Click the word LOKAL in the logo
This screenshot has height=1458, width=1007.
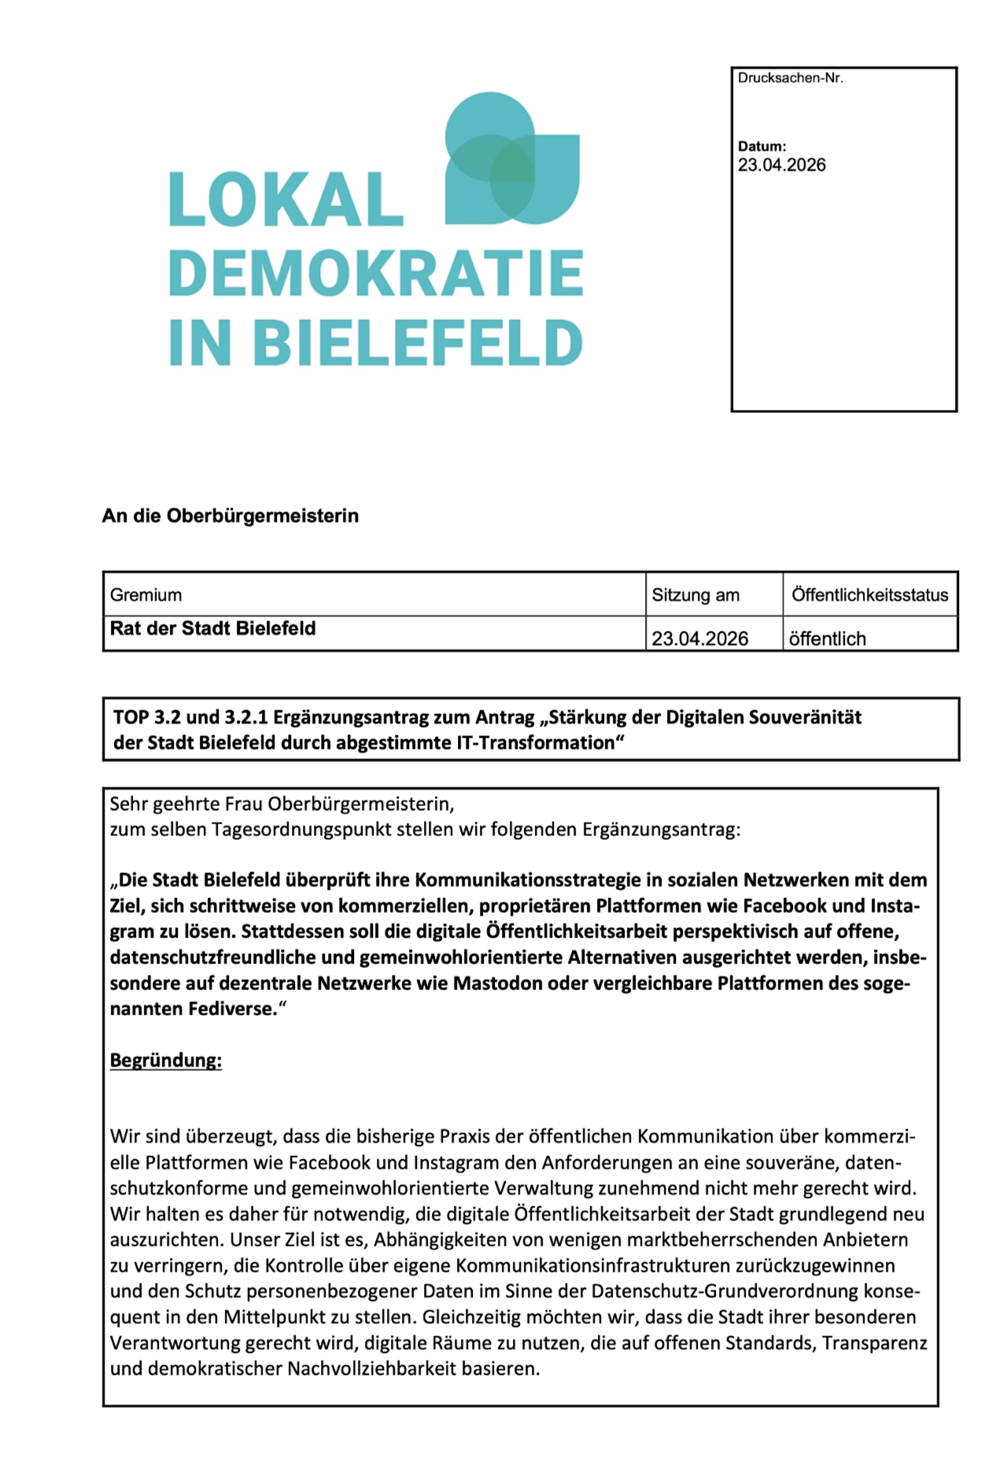tap(286, 200)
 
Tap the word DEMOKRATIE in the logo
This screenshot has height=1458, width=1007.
tap(375, 273)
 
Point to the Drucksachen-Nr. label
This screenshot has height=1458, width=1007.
tap(790, 79)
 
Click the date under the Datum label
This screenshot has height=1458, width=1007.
tap(781, 165)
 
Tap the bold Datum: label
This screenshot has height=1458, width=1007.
tap(762, 146)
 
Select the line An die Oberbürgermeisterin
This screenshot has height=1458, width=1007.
tap(230, 516)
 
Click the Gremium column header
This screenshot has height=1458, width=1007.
tap(146, 595)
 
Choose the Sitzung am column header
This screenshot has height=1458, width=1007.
tap(695, 595)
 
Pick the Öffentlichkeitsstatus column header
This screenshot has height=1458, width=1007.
tap(869, 595)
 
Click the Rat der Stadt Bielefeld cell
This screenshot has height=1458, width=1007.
tap(212, 628)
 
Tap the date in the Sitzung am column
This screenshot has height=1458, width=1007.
tap(699, 639)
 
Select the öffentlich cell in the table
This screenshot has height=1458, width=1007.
tap(827, 639)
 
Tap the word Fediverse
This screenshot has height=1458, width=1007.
tap(232, 1009)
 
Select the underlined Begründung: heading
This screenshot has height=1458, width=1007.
tap(166, 1060)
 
